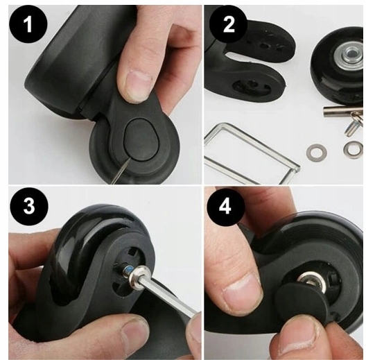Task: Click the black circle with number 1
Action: coord(28,25)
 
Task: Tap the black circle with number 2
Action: coord(229,25)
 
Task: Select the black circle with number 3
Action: coord(28,206)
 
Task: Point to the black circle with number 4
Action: coord(225,207)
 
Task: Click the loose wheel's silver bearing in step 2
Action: coord(348,54)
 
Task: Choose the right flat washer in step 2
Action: coord(353,150)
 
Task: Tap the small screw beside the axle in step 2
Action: coord(352,126)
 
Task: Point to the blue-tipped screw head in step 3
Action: coord(128,271)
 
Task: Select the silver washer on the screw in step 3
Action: coord(139,275)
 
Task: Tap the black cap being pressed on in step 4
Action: coord(302,305)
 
